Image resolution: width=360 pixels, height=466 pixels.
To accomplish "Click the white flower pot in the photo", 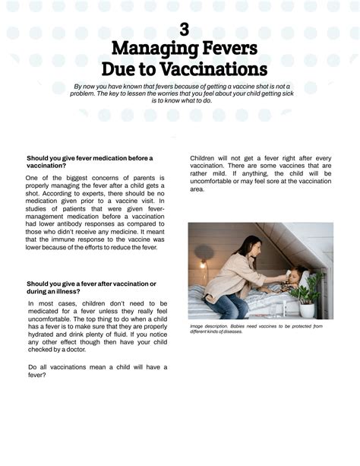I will [307, 310].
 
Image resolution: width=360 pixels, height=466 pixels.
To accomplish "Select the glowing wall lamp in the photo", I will [203, 265].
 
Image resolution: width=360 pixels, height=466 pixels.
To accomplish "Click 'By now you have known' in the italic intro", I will [111, 87].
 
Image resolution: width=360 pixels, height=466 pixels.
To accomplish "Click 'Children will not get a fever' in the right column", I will [236, 158].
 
